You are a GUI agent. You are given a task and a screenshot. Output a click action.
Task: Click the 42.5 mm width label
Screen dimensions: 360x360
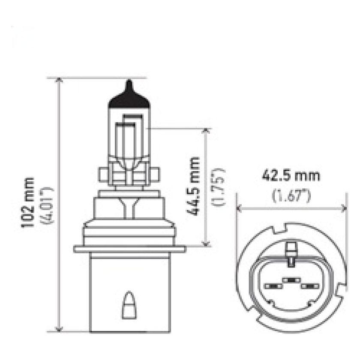(x=291, y=176)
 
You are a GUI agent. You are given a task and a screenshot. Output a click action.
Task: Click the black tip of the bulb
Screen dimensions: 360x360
(x=130, y=96)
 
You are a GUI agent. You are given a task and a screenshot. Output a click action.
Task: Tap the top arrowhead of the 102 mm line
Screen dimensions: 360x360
(x=59, y=82)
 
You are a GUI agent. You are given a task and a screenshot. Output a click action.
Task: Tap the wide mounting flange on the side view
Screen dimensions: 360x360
(x=129, y=249)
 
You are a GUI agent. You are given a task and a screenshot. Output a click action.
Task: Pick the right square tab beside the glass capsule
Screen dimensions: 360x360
(x=155, y=174)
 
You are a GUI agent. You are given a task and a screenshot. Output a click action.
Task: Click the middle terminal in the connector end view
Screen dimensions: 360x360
(x=291, y=279)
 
